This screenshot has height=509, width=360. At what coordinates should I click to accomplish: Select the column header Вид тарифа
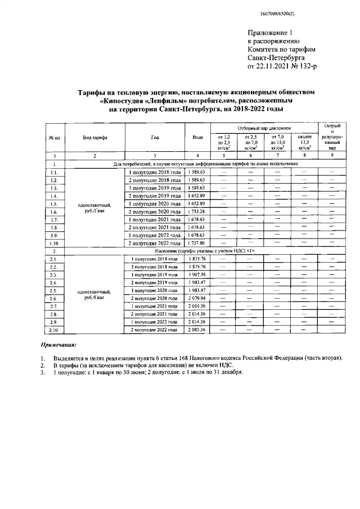click(95, 137)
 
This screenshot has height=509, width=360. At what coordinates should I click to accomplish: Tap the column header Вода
click(196, 137)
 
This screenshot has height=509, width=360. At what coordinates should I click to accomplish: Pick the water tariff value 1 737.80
click(196, 242)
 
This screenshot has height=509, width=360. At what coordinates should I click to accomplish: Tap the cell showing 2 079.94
click(196, 298)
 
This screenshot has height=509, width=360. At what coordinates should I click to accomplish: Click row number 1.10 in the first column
click(54, 242)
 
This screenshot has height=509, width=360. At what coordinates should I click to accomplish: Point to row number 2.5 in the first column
click(54, 290)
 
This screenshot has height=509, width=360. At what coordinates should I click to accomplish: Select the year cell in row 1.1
click(154, 172)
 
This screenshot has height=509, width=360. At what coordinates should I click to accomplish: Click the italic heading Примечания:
click(58, 344)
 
